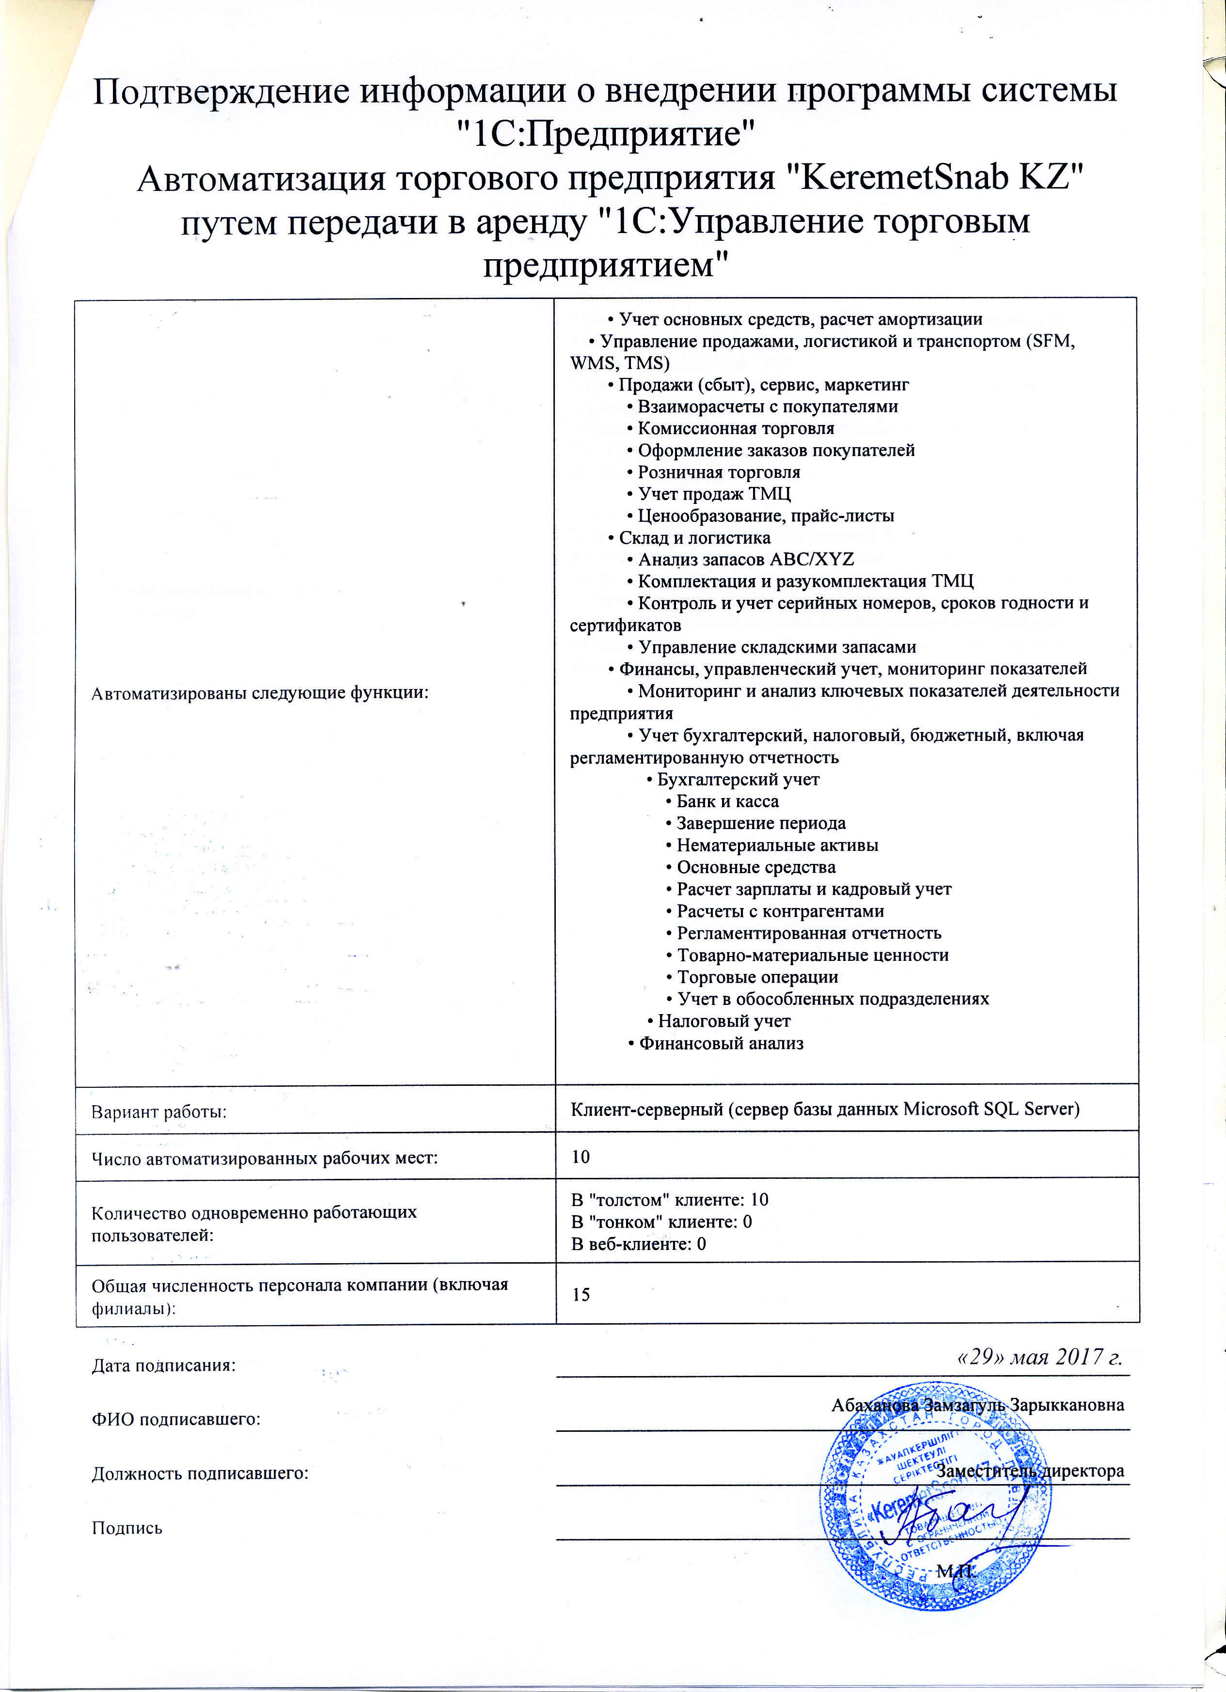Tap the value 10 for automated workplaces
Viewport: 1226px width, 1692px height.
[581, 1157]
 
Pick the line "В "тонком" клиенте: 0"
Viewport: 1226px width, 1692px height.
[661, 1221]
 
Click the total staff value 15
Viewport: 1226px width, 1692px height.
[581, 1294]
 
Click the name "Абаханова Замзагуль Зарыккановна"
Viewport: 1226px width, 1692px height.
[977, 1405]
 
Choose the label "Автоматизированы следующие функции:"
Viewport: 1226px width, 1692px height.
[260, 693]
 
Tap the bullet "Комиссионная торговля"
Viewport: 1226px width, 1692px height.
[736, 428]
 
